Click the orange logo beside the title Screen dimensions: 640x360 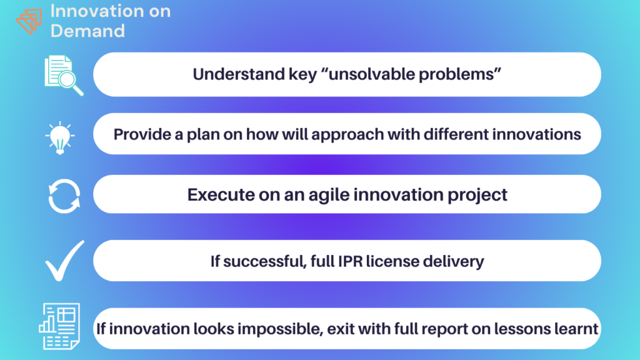(29, 21)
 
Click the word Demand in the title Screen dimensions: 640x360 (87, 31)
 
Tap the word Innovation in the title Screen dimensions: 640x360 (96, 11)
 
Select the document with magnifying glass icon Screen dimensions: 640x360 (64, 76)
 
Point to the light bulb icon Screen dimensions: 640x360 (60, 138)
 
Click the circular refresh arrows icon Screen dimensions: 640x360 (64, 196)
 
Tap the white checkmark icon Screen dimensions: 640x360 (64, 261)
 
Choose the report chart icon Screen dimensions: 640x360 (59, 326)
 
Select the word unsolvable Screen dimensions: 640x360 (370, 74)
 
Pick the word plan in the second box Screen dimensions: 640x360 (203, 135)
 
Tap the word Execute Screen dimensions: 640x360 (221, 195)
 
